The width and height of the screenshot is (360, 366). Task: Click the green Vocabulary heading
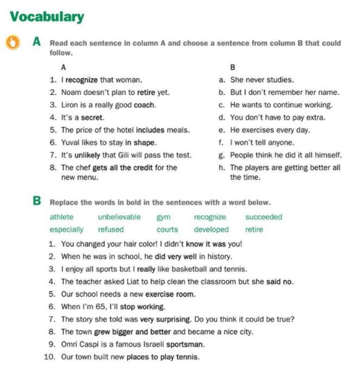(47, 17)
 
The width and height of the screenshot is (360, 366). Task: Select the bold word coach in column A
(145, 105)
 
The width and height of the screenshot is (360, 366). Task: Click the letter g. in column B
(222, 155)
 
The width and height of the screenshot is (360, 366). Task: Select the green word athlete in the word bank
(62, 217)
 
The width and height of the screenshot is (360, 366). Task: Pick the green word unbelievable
(119, 217)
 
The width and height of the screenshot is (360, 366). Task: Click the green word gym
(163, 217)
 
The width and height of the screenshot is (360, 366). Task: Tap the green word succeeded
(263, 217)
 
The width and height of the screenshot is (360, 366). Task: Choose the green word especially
(67, 229)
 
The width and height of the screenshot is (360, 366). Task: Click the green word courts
(167, 229)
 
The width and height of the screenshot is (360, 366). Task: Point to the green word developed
(211, 229)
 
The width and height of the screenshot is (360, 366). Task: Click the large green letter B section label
(36, 202)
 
